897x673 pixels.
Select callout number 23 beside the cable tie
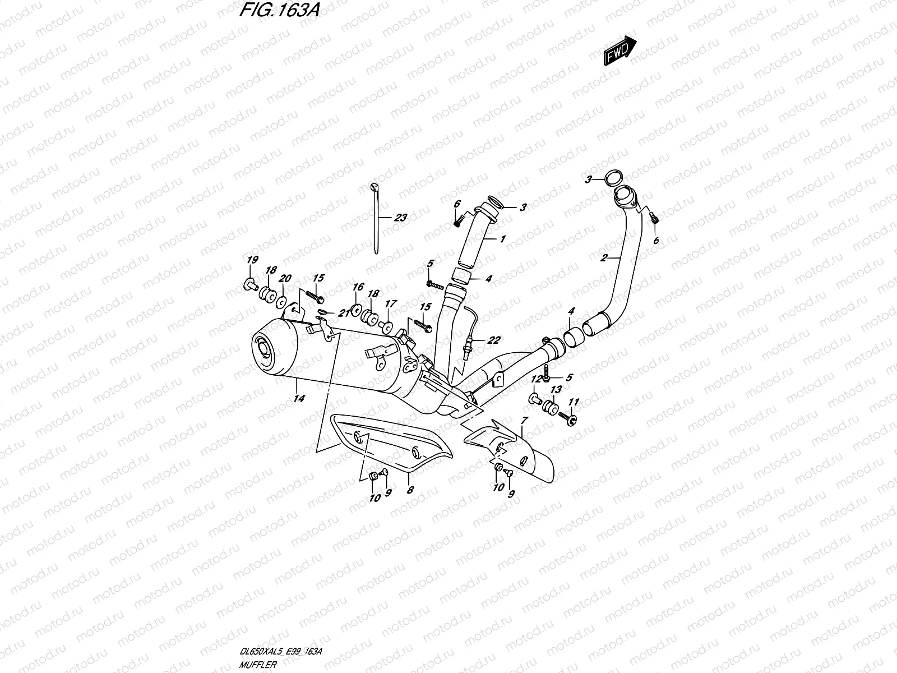click(400, 218)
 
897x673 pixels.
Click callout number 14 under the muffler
click(299, 398)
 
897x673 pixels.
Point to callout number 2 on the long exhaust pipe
click(604, 258)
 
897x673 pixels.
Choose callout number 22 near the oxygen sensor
click(493, 340)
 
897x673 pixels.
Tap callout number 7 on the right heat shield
click(524, 421)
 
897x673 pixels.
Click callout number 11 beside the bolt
click(573, 402)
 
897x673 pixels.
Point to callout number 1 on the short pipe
click(503, 238)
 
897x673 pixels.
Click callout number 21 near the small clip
click(343, 313)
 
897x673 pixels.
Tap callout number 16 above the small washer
click(358, 287)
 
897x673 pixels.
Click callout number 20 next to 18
click(285, 278)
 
